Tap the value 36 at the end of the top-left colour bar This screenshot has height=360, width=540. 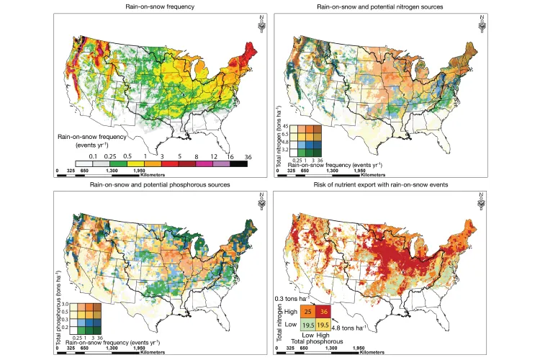(247, 155)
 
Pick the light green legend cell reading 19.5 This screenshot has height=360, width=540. (307, 324)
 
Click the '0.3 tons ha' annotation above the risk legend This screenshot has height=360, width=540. (292, 297)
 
